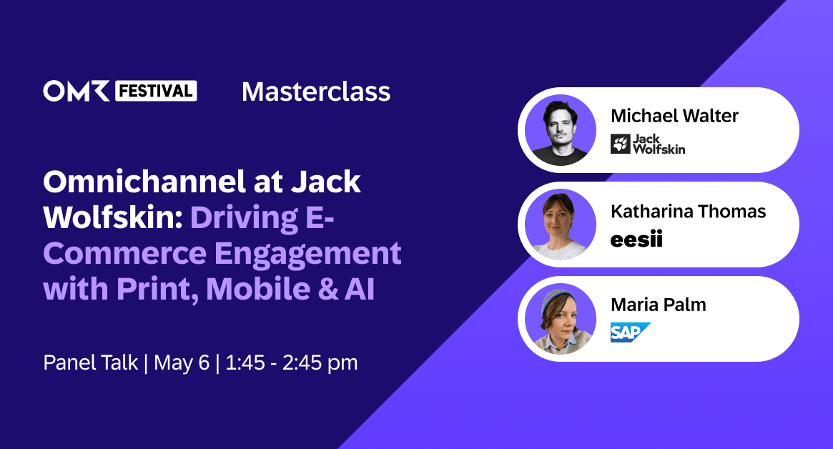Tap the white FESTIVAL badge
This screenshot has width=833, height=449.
[x=155, y=91]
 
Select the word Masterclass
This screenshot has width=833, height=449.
[x=316, y=92]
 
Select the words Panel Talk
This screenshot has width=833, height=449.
[x=90, y=362]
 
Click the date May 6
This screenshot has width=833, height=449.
[x=184, y=362]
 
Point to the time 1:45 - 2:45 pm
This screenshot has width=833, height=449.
[x=291, y=362]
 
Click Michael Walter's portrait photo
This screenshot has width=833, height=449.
[x=560, y=130]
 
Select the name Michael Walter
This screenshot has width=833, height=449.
[x=675, y=116]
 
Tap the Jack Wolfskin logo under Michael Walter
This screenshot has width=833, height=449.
[x=647, y=144]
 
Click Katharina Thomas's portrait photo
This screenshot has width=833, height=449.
[x=560, y=224]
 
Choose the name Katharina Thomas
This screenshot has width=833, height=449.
[x=688, y=211]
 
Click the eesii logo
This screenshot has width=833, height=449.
[x=636, y=240]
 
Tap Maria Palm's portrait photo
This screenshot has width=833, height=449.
[x=560, y=319]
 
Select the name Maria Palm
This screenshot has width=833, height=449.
[x=658, y=305]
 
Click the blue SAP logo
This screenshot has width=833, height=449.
[x=630, y=332]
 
